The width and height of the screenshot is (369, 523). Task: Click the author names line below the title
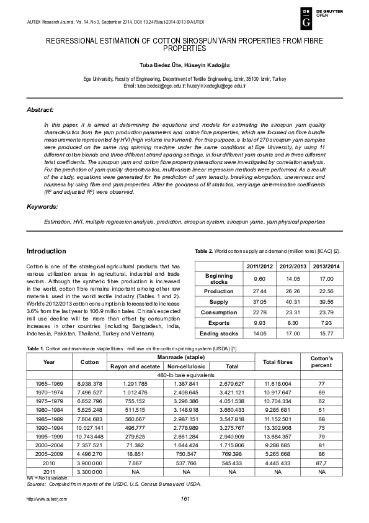(x=184, y=65)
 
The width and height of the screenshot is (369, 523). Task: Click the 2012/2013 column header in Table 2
(x=293, y=267)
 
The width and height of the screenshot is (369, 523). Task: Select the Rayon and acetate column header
(x=135, y=366)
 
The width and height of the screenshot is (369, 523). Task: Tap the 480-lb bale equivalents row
(x=184, y=375)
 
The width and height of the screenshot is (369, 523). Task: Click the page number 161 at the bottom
(x=184, y=500)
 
